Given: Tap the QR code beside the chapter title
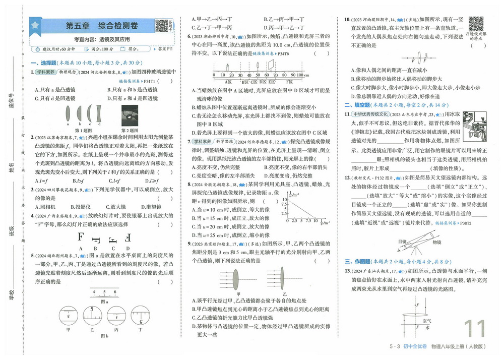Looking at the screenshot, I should click(161, 25).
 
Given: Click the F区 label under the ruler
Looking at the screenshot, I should click(289, 81).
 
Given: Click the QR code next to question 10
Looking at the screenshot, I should click(476, 24).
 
